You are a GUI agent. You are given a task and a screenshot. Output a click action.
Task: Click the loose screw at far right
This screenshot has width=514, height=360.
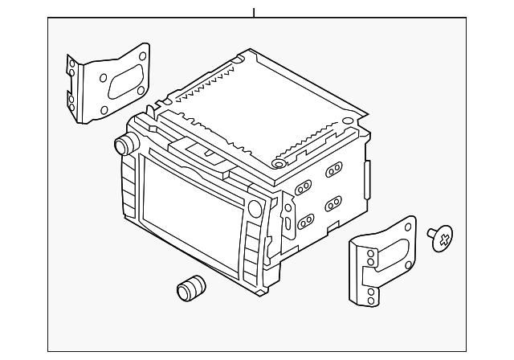[x=440, y=237]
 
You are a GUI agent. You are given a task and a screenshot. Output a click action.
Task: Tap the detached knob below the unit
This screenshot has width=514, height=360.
[x=190, y=288]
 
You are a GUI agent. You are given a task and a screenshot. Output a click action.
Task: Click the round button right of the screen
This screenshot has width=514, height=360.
[x=255, y=210]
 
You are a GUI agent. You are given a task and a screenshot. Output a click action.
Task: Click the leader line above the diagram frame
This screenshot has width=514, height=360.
[x=253, y=12]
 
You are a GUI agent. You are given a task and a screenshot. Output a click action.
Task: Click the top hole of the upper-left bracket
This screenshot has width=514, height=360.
[x=141, y=57]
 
